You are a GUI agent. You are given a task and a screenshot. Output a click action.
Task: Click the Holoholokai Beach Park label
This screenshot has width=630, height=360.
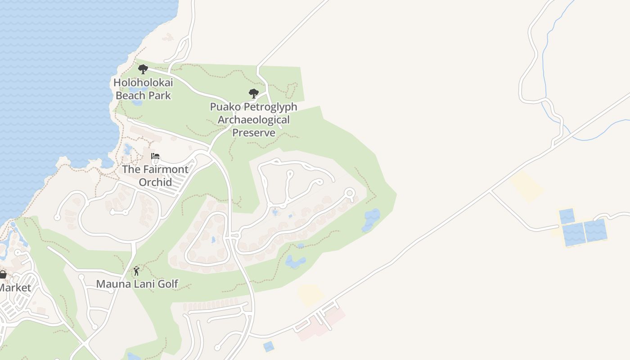(x=143, y=89)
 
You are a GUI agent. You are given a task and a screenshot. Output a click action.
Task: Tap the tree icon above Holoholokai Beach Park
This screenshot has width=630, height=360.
(x=143, y=69)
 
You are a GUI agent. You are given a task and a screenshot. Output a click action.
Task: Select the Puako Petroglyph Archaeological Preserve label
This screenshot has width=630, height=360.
(x=254, y=120)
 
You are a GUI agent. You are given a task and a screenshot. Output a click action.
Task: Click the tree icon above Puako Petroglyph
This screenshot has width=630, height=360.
(x=254, y=94)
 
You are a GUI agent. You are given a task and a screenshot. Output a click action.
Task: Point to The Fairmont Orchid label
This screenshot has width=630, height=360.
(x=155, y=175)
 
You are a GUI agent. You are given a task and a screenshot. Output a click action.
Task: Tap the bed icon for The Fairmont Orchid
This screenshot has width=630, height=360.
(x=155, y=157)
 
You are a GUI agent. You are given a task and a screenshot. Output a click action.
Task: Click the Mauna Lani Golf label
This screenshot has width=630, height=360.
(x=137, y=284)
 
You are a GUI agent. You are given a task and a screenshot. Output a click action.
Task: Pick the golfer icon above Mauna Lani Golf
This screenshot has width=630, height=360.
(x=137, y=271)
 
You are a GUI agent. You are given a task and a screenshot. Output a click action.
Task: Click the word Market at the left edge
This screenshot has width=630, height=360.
(x=15, y=288)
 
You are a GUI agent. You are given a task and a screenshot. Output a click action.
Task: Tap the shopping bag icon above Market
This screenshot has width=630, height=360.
(x=3, y=274)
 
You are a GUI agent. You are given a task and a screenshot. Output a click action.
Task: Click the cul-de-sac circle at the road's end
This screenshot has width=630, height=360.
(x=350, y=193)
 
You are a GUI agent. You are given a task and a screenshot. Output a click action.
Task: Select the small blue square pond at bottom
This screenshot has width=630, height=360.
(x=268, y=346)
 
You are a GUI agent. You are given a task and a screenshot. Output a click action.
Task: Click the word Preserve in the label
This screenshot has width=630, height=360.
(x=254, y=133)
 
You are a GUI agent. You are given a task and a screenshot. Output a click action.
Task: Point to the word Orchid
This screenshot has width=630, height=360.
(x=155, y=182)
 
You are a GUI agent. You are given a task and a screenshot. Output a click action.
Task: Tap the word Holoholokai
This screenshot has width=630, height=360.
(x=143, y=83)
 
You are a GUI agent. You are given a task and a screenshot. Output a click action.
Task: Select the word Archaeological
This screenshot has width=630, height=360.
(x=254, y=120)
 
